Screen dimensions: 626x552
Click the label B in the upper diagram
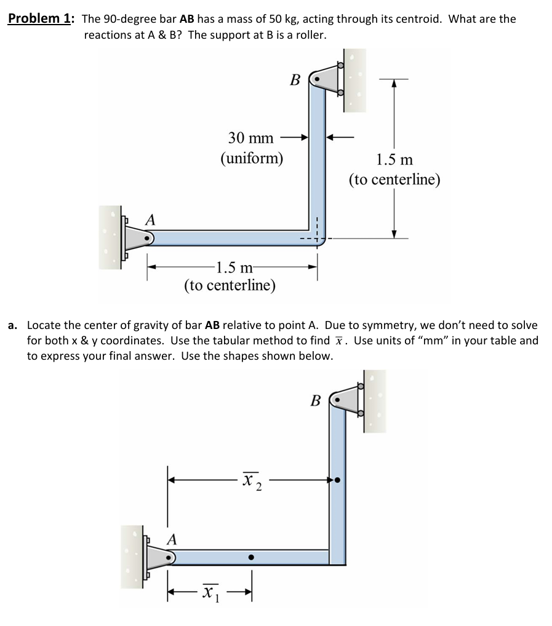295,80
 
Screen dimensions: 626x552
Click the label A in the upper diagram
150,219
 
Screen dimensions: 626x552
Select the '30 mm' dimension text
251,138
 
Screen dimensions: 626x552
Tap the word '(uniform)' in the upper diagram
252,158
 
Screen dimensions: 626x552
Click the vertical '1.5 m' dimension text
394,160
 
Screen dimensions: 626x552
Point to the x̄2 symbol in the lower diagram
252,479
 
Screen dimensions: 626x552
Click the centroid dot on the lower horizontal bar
250,557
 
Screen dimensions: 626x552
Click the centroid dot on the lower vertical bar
337,479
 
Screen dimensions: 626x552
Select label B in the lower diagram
316,402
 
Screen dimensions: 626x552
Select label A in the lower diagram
172,540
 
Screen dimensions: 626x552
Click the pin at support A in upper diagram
146,237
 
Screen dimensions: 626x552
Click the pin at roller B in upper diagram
317,79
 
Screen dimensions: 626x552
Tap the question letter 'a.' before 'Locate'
13,325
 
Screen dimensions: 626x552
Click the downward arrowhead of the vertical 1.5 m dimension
394,234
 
